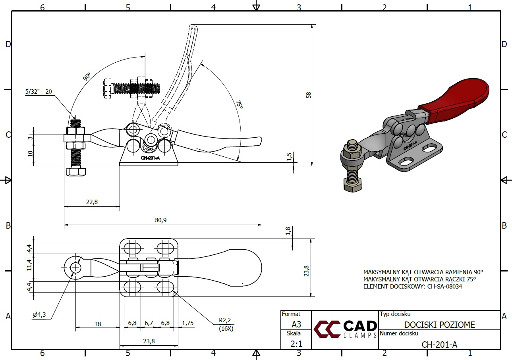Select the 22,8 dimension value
pos(91,202)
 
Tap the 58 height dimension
pos(309,95)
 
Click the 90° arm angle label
pos(87,77)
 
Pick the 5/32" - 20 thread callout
pos(39,91)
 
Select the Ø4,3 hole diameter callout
pos(39,315)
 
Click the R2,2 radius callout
pos(225,320)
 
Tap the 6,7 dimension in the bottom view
pos(149,323)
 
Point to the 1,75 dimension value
pos(187,323)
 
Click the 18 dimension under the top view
pos(97,324)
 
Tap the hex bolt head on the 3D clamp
pos(352,185)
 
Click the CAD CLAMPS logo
pos(345,329)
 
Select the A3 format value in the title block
pos(296,324)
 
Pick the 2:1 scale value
pos(296,344)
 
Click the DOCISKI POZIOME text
pos(439,325)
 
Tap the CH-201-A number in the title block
pos(439,345)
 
